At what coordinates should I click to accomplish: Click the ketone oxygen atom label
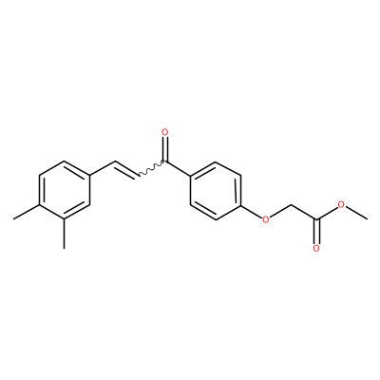pyautogui.click(x=164, y=132)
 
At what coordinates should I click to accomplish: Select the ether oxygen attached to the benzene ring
pyautogui.click(x=266, y=218)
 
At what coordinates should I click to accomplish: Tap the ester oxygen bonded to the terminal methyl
pyautogui.click(x=341, y=204)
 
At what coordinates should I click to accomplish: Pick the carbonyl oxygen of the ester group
pyautogui.click(x=316, y=248)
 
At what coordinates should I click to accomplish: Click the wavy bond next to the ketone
pyautogui.click(x=151, y=168)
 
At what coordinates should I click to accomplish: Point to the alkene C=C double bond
pyautogui.click(x=126, y=169)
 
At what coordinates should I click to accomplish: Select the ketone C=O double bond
pyautogui.click(x=164, y=149)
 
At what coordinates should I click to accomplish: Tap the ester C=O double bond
pyautogui.click(x=316, y=231)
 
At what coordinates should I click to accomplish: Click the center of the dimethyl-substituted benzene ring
pyautogui.click(x=65, y=190)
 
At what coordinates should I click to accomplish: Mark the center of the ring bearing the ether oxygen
pyautogui.click(x=216, y=190)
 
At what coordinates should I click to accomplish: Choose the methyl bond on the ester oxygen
pyautogui.click(x=357, y=213)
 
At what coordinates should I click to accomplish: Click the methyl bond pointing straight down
pyautogui.click(x=65, y=234)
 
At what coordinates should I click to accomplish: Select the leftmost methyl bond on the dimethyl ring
pyautogui.click(x=26, y=212)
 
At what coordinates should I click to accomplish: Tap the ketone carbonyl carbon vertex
pyautogui.click(x=164, y=161)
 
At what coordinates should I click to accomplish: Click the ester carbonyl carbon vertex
pyautogui.click(x=316, y=218)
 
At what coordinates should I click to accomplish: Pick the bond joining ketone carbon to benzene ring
pyautogui.click(x=178, y=168)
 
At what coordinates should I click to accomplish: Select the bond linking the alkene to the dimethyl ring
pyautogui.click(x=102, y=168)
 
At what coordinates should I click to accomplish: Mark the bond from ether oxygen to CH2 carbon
pyautogui.click(x=280, y=211)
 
